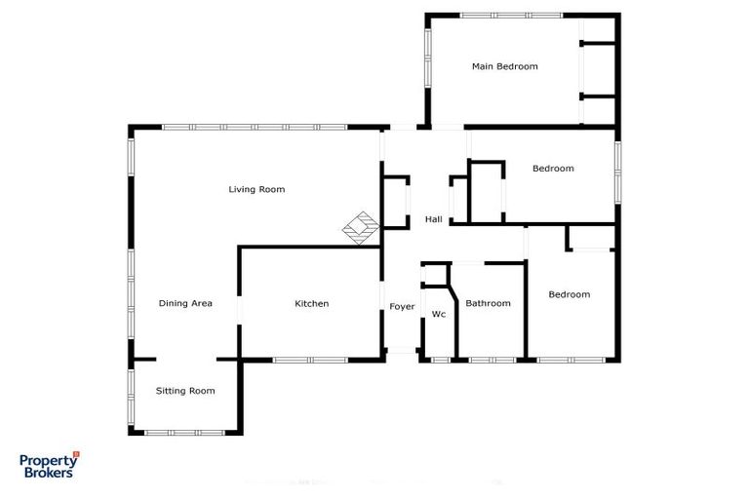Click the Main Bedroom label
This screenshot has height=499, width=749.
pyautogui.click(x=504, y=66)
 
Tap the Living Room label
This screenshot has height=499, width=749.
pyautogui.click(x=256, y=189)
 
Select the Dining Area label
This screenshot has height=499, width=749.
pyautogui.click(x=185, y=303)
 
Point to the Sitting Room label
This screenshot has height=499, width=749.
pyautogui.click(x=185, y=391)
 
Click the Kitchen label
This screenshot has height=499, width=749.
pyautogui.click(x=311, y=303)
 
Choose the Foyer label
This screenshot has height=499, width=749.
pyautogui.click(x=402, y=307)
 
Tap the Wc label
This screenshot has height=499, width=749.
pyautogui.click(x=439, y=314)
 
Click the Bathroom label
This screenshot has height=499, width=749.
pyautogui.click(x=488, y=303)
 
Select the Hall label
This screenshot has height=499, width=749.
pyautogui.click(x=434, y=219)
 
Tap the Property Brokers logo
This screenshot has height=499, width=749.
pyautogui.click(x=48, y=465)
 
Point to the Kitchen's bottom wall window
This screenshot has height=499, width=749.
pyautogui.click(x=310, y=360)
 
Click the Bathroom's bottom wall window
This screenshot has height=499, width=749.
pyautogui.click(x=493, y=360)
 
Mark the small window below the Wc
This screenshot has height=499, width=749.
pyautogui.click(x=440, y=360)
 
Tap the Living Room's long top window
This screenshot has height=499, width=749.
pyautogui.click(x=255, y=127)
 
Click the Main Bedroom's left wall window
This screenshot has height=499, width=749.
pyautogui.click(x=427, y=60)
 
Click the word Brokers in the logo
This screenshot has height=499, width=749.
pyautogui.click(x=48, y=473)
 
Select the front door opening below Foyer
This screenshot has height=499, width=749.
pyautogui.click(x=402, y=351)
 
